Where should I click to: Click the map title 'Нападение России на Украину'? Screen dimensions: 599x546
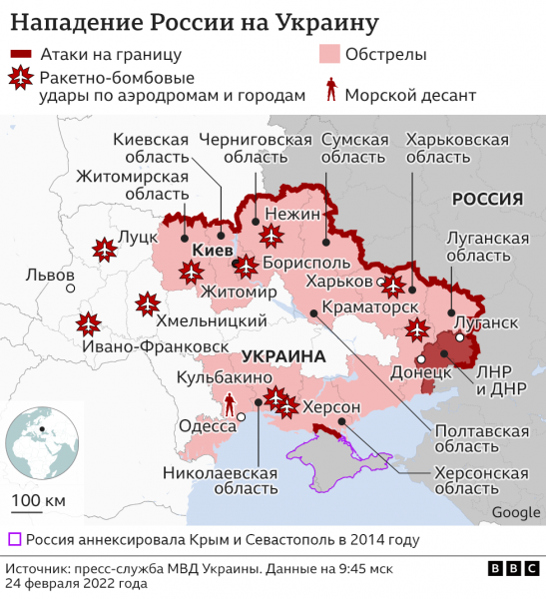(x=194, y=21)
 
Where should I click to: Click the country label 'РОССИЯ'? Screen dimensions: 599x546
(x=488, y=199)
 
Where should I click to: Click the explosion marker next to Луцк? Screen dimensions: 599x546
(x=102, y=249)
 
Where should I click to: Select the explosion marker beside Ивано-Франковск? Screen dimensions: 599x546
(x=88, y=323)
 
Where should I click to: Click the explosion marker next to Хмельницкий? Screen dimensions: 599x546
(x=148, y=302)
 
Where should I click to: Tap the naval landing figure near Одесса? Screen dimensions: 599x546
(x=232, y=403)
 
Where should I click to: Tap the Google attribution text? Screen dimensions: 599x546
(x=516, y=512)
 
